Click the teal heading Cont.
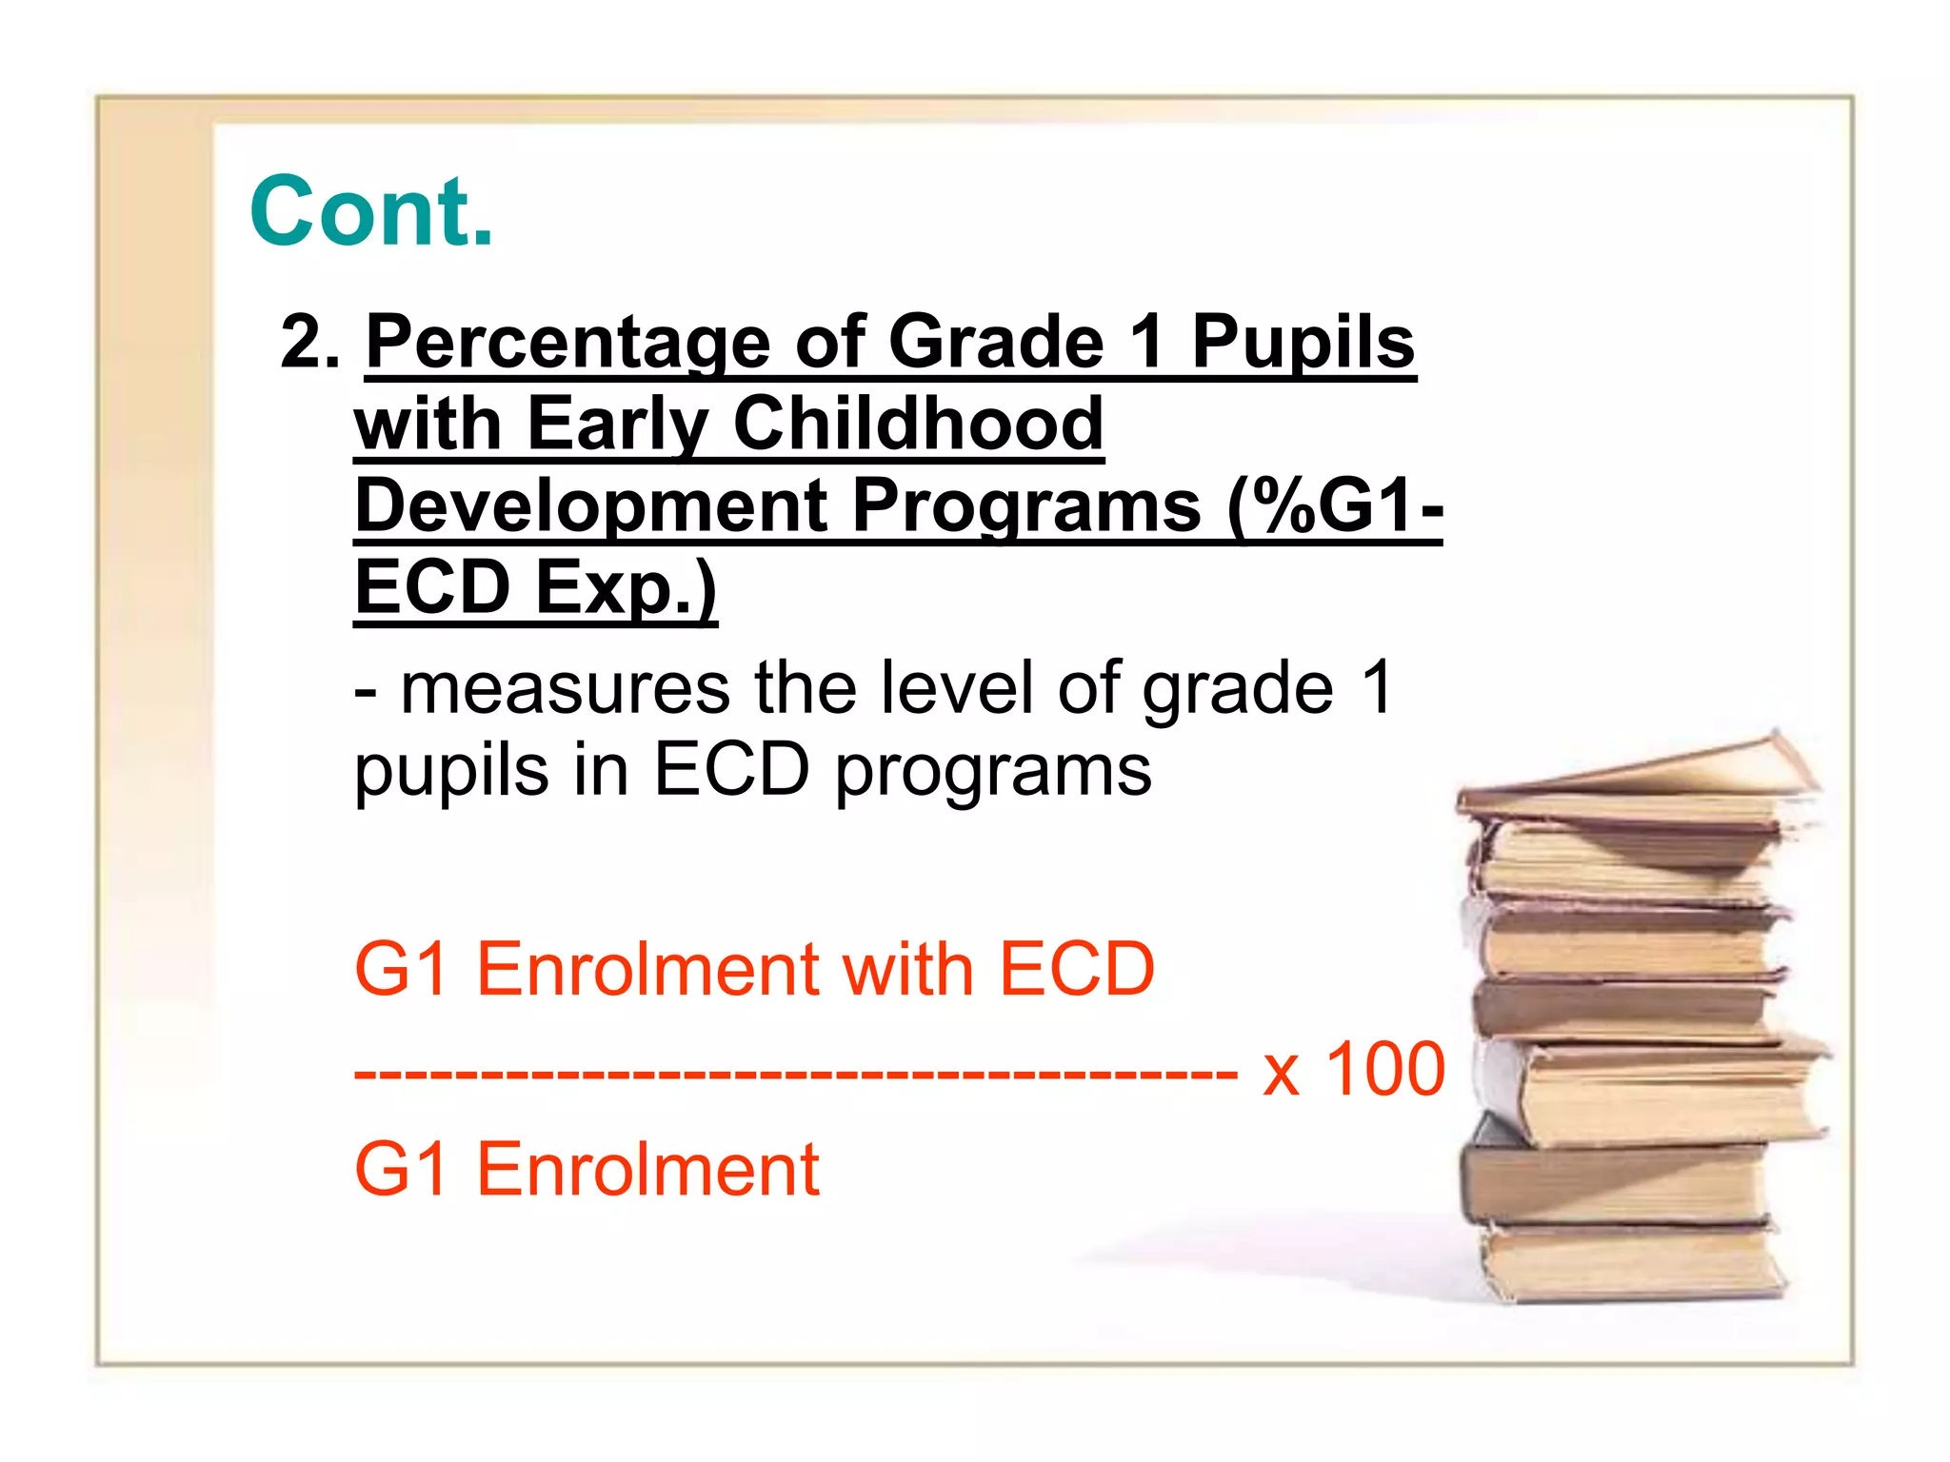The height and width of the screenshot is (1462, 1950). point(371,211)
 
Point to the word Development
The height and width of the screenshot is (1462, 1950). point(589,505)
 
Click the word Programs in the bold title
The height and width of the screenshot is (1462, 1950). point(1026,505)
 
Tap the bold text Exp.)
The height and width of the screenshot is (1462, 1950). point(625,587)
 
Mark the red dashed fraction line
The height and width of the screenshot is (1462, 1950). point(795,1075)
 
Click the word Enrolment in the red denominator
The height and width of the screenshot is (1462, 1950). point(647,1170)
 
